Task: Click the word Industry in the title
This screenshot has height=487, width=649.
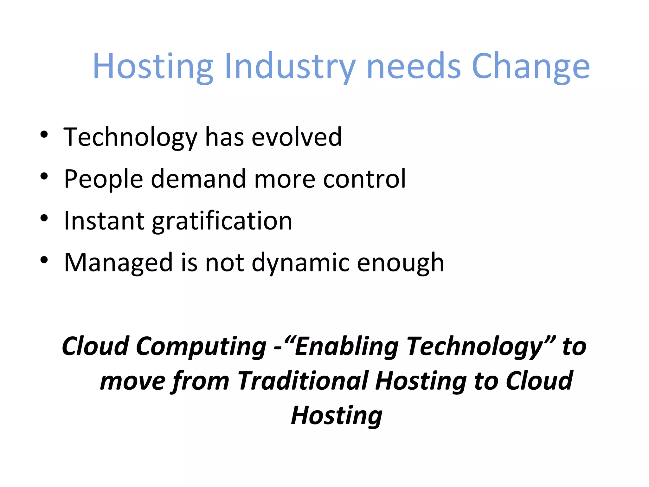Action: coord(290,67)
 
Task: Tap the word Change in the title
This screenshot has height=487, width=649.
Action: coord(530,67)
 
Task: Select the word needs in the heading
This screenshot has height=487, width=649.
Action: coord(414,67)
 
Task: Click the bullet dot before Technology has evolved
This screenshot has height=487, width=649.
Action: coord(44,134)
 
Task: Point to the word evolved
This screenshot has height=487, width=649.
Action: coord(297,137)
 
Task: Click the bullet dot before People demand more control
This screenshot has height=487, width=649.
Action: coord(44,176)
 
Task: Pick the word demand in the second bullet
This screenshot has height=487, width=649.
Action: coord(198,179)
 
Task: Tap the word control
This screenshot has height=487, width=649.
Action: coord(364,179)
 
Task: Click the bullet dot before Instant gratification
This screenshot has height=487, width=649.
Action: coord(44,218)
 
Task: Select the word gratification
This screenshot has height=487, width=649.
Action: coord(222,221)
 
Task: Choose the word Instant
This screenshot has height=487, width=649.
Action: coord(104,221)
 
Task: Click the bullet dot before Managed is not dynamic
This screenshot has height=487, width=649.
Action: coord(44,260)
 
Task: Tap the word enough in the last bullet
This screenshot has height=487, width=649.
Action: coord(401,263)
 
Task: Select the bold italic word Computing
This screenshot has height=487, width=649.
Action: coord(201,347)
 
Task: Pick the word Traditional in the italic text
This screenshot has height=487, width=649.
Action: coord(303,381)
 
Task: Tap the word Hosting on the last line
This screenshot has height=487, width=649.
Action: coord(337,415)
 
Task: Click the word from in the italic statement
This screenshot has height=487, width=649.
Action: coord(201,381)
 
